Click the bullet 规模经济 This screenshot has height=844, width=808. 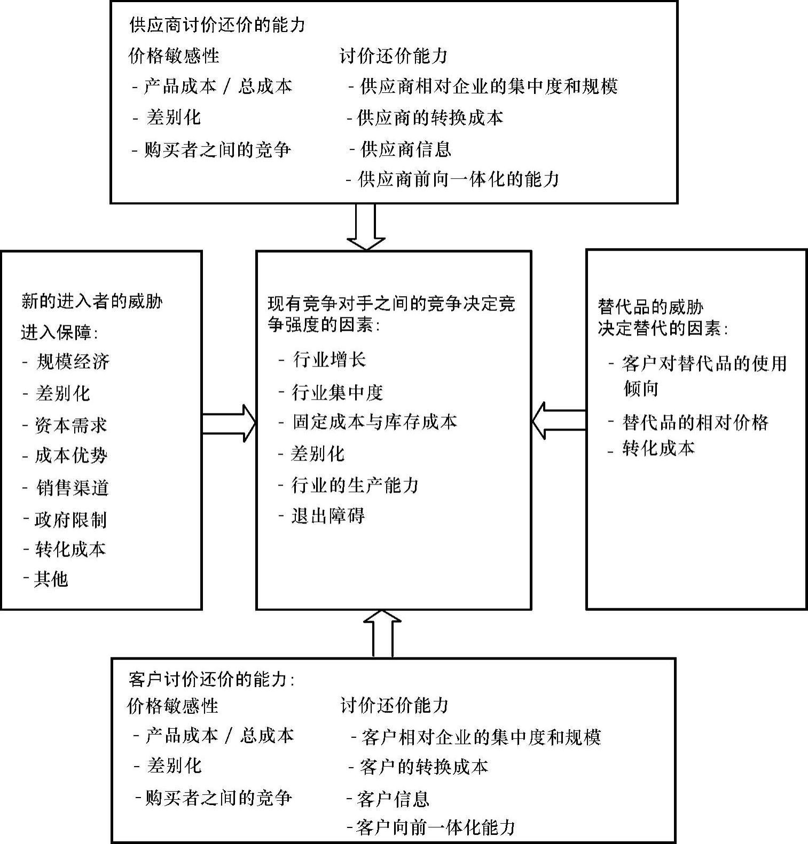73,362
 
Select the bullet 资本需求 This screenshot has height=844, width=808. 70,425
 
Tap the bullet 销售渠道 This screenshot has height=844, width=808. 73,488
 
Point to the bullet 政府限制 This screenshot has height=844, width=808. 70,519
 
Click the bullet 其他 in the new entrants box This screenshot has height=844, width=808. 51,579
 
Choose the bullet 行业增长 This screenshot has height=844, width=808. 329,359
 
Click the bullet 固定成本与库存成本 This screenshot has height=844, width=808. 374,421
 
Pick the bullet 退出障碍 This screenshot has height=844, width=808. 328,516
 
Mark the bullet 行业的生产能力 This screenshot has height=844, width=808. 355,485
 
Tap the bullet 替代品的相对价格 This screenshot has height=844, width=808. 695,422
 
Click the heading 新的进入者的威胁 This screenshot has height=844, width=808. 92,301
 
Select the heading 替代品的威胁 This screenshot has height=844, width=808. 650,307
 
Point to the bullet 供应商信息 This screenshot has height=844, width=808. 405,149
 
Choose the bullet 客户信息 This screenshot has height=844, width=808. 393,799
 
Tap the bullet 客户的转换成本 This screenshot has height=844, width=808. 424,767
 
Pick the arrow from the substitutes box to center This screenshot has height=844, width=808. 559,420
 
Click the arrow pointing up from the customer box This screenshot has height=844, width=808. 382,633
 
